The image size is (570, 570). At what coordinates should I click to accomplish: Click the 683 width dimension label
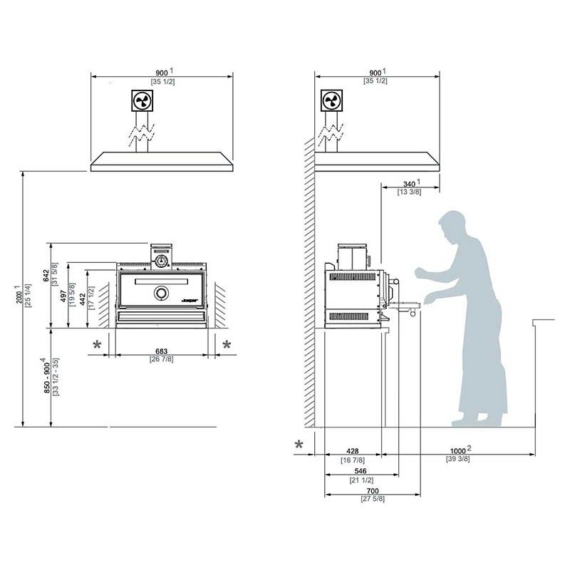tap(162, 350)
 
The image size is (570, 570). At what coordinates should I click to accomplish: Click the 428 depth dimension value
tap(353, 451)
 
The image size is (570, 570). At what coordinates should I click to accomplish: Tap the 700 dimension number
tap(371, 492)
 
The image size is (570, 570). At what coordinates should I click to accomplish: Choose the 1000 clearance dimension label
tap(461, 450)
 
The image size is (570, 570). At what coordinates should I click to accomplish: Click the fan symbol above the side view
tap(331, 100)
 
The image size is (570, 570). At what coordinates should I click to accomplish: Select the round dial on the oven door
tap(162, 292)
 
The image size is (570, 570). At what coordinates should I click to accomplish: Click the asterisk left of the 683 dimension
tap(97, 346)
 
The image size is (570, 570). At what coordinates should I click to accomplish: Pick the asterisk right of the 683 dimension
tap(227, 346)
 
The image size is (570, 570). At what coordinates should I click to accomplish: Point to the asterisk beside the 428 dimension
tap(300, 445)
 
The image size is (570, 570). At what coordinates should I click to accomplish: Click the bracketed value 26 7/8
tap(162, 359)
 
